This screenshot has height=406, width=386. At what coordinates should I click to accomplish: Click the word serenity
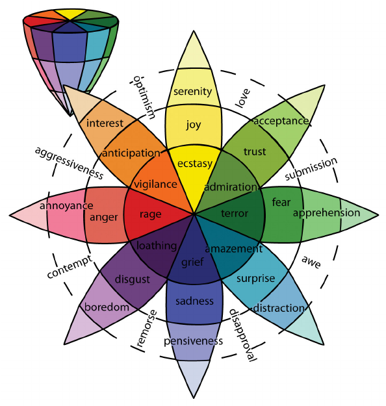point(192,92)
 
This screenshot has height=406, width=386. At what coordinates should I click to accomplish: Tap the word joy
point(193,125)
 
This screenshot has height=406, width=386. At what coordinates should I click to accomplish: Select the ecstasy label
point(195,164)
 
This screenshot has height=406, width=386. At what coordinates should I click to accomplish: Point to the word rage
point(151,214)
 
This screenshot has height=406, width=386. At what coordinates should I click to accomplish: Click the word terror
point(235,213)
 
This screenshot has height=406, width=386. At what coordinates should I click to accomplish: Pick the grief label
point(192,262)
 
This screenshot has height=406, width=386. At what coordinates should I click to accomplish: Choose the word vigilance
point(155,184)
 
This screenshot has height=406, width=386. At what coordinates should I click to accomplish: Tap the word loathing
point(157,246)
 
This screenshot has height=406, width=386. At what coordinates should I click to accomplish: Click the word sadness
point(194,301)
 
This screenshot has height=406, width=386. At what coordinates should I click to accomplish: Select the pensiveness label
point(193,341)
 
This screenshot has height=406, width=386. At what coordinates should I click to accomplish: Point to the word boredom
point(107,307)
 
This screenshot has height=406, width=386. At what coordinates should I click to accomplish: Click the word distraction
point(279,308)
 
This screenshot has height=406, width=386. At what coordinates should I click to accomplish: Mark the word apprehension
point(326,213)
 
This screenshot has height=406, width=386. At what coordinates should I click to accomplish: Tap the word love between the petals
point(243,98)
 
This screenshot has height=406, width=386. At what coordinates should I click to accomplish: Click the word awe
point(311,262)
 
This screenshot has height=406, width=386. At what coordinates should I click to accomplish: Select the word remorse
point(147,328)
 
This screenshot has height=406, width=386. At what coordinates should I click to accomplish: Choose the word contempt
point(70,266)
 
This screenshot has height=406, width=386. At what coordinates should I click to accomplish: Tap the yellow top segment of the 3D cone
point(70,14)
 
